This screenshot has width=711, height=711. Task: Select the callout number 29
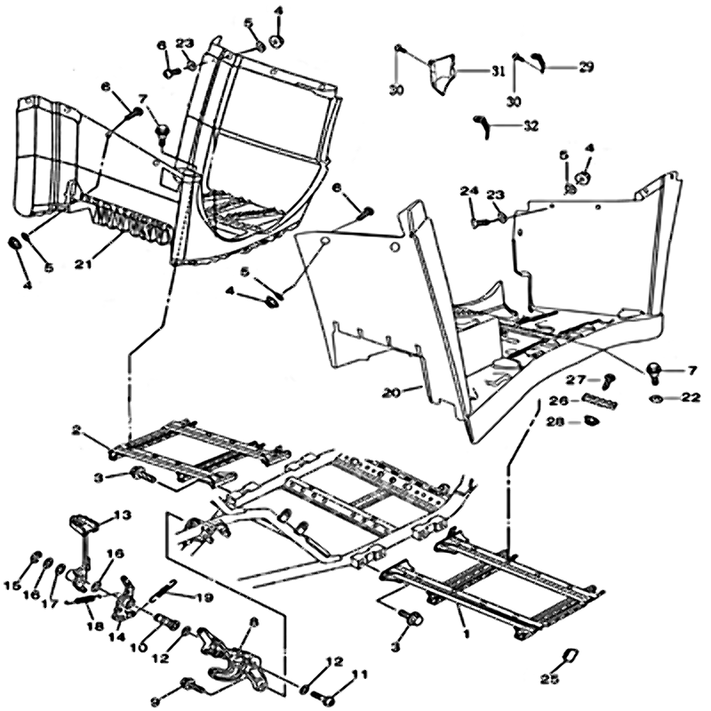tap(586, 67)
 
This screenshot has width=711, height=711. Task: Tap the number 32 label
tap(531, 125)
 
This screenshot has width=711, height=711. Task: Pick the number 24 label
tap(469, 192)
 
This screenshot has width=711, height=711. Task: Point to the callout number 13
tap(121, 515)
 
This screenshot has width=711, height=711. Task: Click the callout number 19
tap(204, 598)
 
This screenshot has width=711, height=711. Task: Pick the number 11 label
tap(361, 677)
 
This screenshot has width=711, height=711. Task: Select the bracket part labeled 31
tap(442, 76)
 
